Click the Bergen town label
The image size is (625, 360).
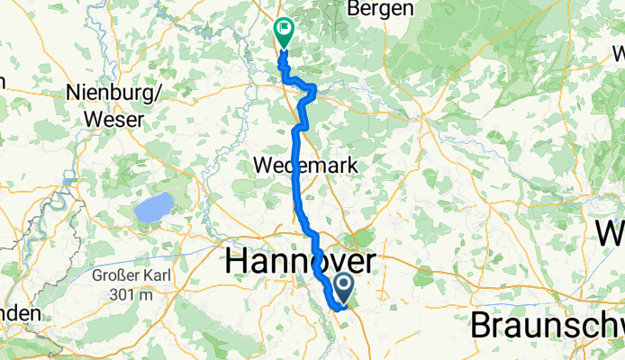381,8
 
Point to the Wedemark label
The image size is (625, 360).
306,166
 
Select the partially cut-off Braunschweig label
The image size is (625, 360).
548,324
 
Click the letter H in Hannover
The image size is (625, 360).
236,261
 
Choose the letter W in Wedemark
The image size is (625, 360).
264,166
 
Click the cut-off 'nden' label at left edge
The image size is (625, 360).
19,313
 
